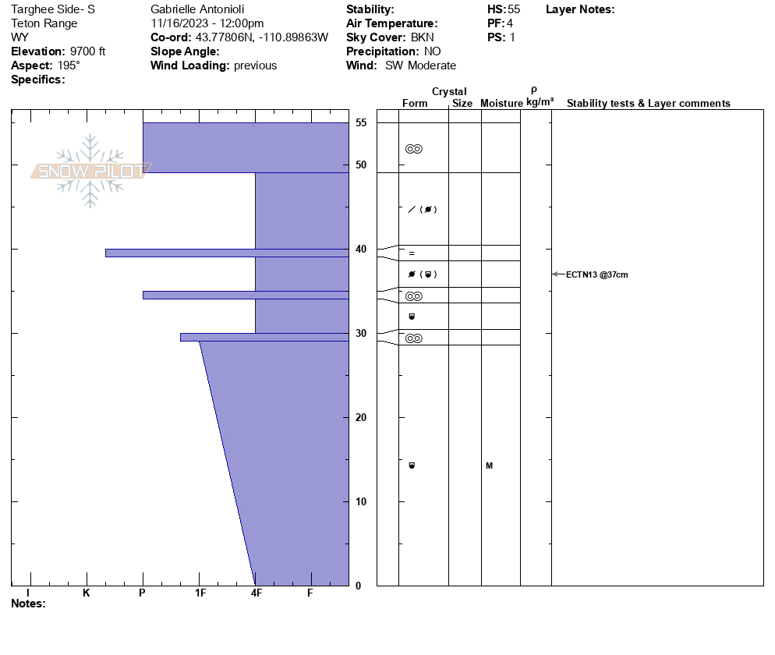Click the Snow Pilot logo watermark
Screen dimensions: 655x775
(90, 171)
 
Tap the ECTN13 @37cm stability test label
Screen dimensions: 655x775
(596, 274)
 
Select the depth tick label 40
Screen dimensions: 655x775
(361, 250)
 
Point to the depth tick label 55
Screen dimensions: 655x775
(361, 123)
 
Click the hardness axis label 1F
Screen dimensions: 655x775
(200, 593)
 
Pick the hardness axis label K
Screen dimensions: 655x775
(87, 593)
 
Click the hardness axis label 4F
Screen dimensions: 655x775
(256, 593)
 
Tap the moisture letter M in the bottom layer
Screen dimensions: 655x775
(489, 466)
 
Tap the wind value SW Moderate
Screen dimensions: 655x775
(420, 65)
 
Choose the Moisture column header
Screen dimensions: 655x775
(501, 104)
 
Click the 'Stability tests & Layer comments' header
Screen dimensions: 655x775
(648, 104)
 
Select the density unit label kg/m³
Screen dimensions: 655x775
(540, 102)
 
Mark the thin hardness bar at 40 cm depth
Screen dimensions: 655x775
(226, 253)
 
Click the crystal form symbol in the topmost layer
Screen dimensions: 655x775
(414, 149)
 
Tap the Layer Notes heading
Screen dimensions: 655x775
(580, 9)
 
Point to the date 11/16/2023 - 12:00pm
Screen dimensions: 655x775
(207, 23)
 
